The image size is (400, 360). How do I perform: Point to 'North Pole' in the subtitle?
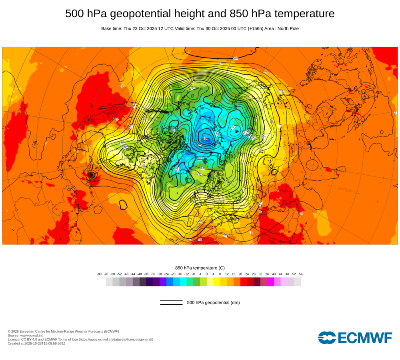point(287,28)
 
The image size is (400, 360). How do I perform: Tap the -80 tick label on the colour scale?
point(99,274)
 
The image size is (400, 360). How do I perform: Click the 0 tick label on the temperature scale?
point(207,274)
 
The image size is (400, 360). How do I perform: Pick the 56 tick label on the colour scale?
point(301,274)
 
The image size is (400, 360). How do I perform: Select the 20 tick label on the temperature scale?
point(240,274)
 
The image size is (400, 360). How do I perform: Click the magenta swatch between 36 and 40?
point(270,282)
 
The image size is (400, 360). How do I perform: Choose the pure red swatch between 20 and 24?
point(244,282)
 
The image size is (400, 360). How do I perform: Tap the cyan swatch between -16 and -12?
point(183,282)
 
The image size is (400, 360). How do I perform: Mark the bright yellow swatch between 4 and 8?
point(217,282)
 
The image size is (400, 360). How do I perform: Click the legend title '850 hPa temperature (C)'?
point(200,268)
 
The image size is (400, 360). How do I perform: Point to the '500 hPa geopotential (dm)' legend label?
point(213,302)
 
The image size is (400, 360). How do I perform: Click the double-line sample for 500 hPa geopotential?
point(171,302)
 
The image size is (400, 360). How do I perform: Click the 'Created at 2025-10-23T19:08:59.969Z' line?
point(36,343)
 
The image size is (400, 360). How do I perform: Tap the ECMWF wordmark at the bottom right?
point(355,338)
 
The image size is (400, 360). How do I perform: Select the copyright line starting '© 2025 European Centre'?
point(63,331)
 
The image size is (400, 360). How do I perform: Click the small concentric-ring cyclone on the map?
point(92,175)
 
